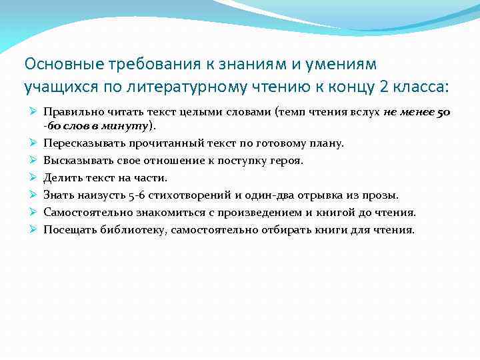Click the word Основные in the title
click(x=58, y=64)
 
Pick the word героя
click(x=287, y=160)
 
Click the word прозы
click(x=382, y=195)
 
